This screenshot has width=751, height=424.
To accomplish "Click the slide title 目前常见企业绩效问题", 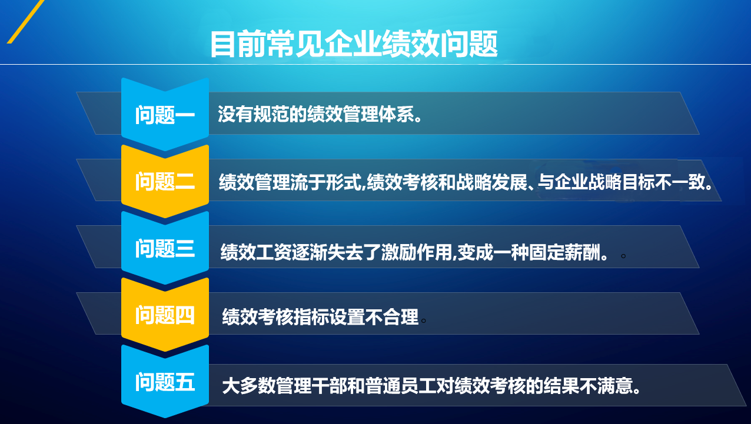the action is pos(354,44).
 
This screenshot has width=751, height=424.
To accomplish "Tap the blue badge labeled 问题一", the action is pos(165,115).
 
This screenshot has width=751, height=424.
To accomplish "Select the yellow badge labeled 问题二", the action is pos(165,182).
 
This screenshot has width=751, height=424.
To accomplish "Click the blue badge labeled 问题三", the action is pos(165,248).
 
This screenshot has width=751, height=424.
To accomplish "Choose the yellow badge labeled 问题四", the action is pos(165,315).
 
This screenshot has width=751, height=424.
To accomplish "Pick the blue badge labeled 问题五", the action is pos(165,382).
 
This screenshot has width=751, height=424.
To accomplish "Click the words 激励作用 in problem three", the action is pos(416,252).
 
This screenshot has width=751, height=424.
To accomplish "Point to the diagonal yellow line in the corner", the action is pos(25,21).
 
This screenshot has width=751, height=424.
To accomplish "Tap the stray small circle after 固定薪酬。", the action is pos(623,256).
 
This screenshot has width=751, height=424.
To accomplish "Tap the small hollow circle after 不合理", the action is pos(423,321).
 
